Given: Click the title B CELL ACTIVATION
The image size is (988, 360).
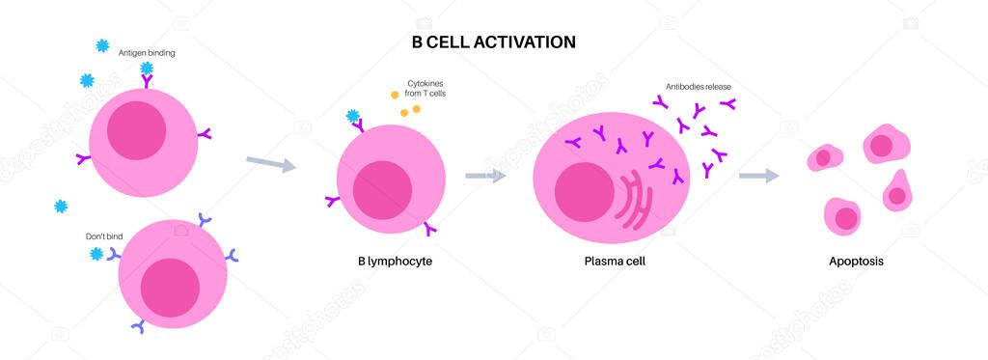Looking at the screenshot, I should click(x=493, y=42).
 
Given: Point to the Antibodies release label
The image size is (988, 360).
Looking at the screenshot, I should click(x=699, y=86).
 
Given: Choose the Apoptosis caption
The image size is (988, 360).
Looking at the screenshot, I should click(x=856, y=261).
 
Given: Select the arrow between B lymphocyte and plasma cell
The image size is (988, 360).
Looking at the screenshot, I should click(x=485, y=176).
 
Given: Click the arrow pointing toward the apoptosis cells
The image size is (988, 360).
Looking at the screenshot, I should click(x=759, y=176).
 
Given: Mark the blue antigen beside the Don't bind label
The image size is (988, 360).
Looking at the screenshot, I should click(x=96, y=253).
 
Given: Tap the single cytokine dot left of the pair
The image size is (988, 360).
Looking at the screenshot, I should click(x=395, y=95).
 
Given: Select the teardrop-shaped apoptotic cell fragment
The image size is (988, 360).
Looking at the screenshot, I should click(x=897, y=191).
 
